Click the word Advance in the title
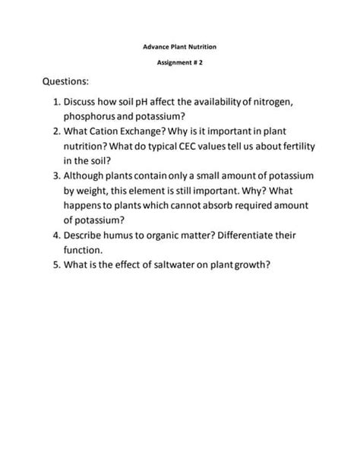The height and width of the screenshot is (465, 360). point(155,47)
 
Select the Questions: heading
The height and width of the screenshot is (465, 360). point(66,81)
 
